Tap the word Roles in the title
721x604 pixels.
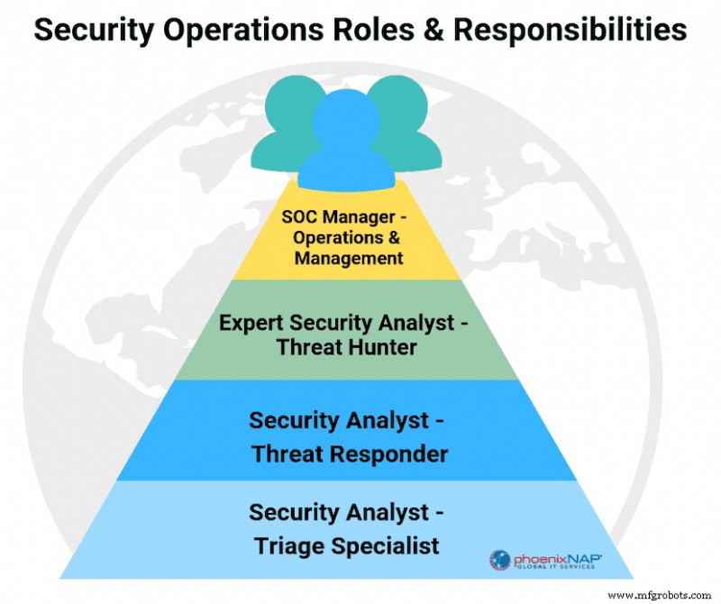click(376, 29)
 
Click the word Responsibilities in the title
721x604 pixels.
click(570, 29)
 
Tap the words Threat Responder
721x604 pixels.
click(350, 453)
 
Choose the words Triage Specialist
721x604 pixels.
click(347, 545)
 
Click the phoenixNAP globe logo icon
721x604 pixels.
click(500, 559)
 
